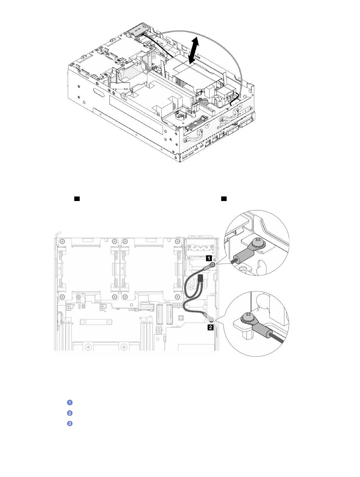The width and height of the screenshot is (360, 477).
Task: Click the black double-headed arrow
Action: (193, 50)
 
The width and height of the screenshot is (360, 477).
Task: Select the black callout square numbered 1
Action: (209, 258)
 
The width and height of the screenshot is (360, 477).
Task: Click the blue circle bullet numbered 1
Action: (70, 402)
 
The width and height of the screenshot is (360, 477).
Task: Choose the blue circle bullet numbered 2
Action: (70, 413)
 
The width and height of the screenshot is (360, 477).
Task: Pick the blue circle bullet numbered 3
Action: (70, 423)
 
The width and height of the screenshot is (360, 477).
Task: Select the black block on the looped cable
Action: (200, 278)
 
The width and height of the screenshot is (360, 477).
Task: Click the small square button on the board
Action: (180, 318)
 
